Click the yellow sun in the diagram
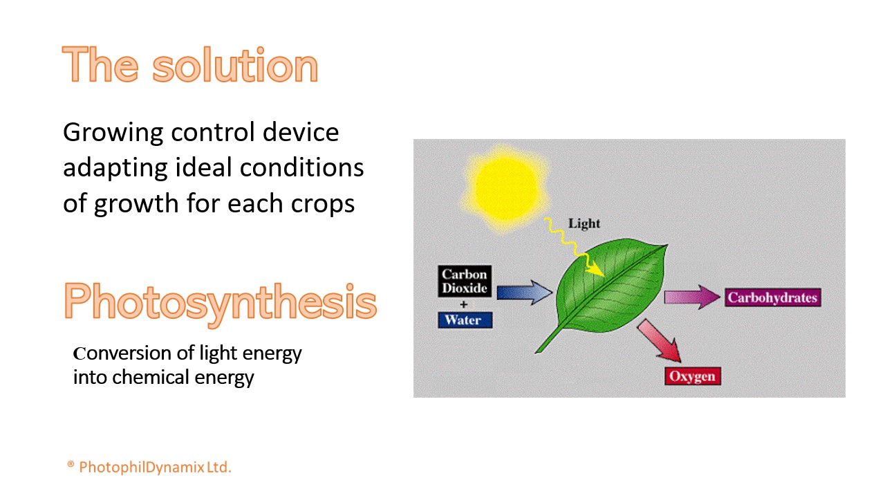click(x=505, y=189)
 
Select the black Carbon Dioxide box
click(x=465, y=281)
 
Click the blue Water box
click(x=465, y=320)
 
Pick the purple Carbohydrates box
click(x=773, y=297)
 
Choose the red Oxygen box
click(x=693, y=376)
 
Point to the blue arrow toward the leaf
click(x=524, y=293)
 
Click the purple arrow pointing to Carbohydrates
click(x=692, y=297)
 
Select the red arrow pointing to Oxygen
click(x=660, y=340)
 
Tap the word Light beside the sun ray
click(x=584, y=223)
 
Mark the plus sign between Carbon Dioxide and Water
click(x=464, y=304)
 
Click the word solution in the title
click(x=235, y=64)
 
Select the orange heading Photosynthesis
click(x=220, y=302)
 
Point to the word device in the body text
click(x=301, y=132)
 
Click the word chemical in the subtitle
click(x=151, y=377)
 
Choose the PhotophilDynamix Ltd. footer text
click(x=155, y=467)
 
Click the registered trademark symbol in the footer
click(x=71, y=464)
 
